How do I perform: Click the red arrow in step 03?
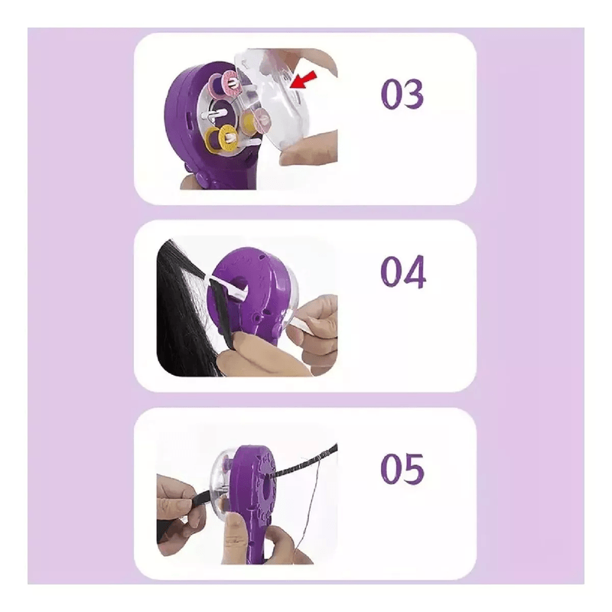[x=304, y=79]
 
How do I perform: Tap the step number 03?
[x=402, y=93]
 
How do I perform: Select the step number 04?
[x=403, y=272]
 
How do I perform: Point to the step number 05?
[x=402, y=469]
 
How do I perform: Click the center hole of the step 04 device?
[x=239, y=284]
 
